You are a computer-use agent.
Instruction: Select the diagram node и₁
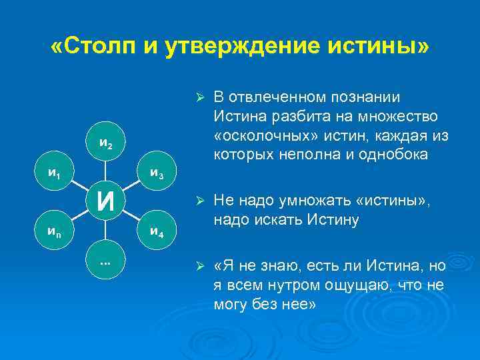pyautogui.click(x=55, y=172)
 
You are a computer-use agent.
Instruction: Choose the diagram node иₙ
pyautogui.click(x=55, y=231)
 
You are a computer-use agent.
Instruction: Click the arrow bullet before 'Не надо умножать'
pyautogui.click(x=198, y=201)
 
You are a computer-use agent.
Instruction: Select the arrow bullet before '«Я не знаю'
pyautogui.click(x=198, y=267)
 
